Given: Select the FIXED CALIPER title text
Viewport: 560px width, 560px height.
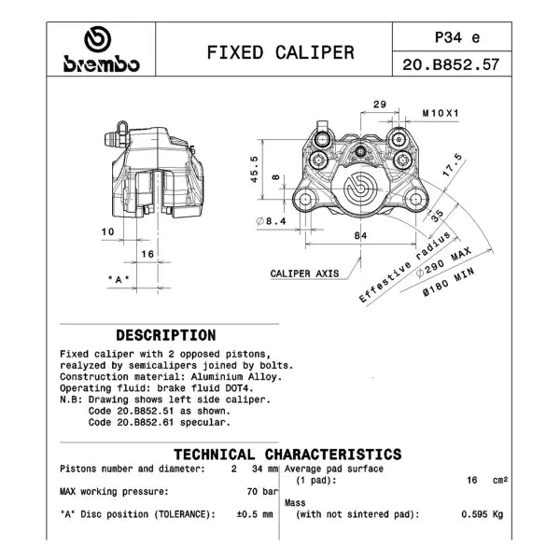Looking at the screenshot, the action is click(281, 52).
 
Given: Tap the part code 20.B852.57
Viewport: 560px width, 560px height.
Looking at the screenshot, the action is click(451, 64).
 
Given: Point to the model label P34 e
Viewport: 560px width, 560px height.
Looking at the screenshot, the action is click(457, 37).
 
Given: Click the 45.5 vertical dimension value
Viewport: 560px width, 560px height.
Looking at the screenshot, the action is click(254, 169).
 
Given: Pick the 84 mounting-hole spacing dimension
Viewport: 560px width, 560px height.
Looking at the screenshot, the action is click(360, 235).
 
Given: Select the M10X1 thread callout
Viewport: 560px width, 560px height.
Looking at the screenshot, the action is click(441, 113).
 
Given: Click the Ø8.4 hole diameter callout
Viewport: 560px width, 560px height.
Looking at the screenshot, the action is click(272, 221).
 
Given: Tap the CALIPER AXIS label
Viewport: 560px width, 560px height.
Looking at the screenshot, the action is click(304, 273).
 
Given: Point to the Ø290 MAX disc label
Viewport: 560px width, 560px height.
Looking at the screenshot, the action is click(444, 262).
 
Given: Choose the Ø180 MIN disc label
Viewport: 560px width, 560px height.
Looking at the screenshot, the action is click(449, 282).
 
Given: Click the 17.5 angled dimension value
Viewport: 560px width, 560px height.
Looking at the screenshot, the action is click(452, 165).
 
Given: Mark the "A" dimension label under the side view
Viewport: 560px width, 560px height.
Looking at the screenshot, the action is click(119, 279).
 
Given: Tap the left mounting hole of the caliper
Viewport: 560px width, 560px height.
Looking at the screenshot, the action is click(305, 200).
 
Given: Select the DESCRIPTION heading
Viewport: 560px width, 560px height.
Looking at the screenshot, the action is click(166, 335).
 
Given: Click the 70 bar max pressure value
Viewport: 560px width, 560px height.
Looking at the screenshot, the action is click(262, 492).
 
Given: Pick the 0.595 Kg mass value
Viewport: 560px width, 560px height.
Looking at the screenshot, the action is click(483, 514).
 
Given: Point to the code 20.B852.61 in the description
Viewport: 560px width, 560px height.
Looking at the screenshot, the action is click(146, 422).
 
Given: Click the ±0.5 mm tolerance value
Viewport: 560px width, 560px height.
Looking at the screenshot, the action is click(255, 514).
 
